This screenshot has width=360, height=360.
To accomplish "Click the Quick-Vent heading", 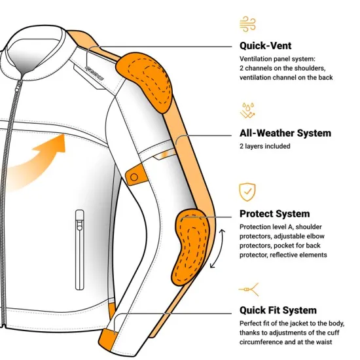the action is point(265,46).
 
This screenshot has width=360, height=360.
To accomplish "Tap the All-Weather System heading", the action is point(285,133).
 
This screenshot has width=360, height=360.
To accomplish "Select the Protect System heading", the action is point(275,214).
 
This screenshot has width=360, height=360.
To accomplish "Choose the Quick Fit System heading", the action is point(278,310).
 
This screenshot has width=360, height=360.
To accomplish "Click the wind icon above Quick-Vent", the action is point(247,24).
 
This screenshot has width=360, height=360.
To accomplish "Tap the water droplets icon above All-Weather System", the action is point(247,111).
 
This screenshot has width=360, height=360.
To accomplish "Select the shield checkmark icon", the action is point(247,192).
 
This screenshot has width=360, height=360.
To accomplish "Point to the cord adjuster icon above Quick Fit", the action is point(249,289).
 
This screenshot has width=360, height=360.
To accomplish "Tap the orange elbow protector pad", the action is point(190,247).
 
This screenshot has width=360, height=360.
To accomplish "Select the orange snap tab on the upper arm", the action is point(135,175).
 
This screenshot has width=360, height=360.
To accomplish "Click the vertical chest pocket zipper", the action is point(80,250).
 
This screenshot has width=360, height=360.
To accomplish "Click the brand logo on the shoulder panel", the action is point(95,73).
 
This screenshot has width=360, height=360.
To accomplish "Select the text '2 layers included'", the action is point(264,146).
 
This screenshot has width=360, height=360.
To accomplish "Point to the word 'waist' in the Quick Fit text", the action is point(324,342).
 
